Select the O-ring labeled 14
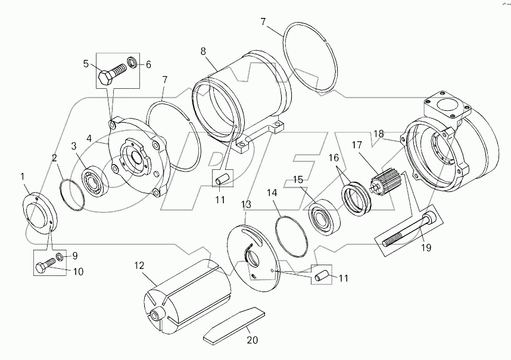tap(290, 230)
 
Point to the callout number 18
tap(378, 134)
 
